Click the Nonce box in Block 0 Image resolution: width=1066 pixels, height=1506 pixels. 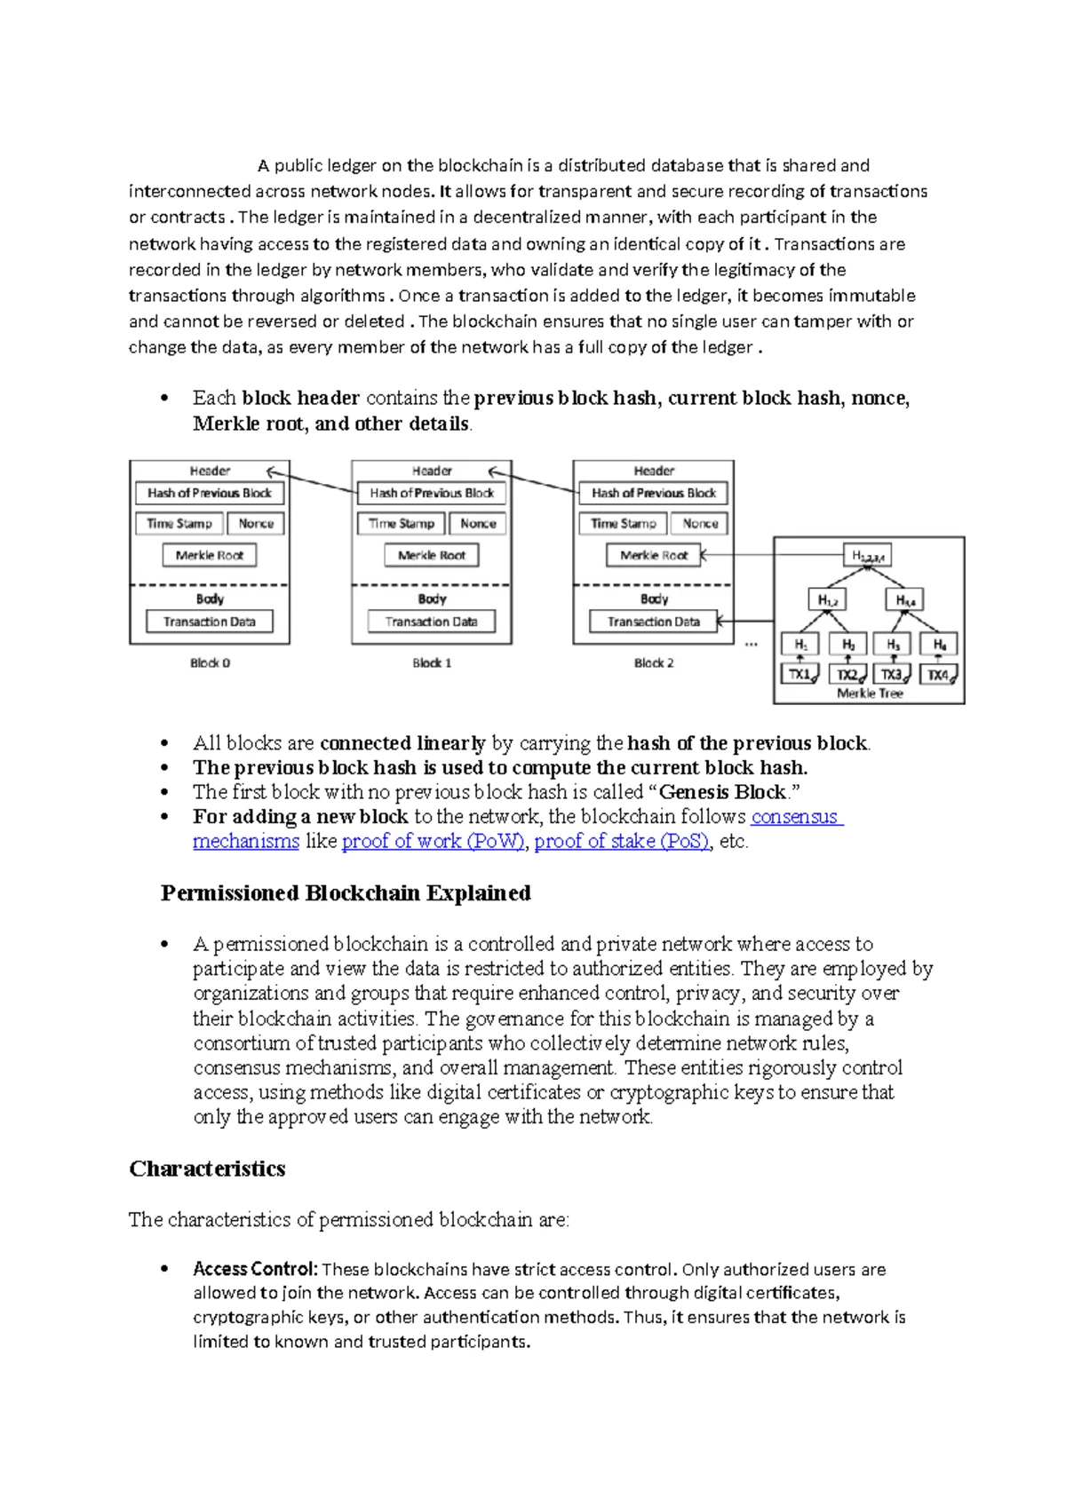[256, 524]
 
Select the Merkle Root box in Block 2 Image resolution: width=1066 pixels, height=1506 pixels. [654, 555]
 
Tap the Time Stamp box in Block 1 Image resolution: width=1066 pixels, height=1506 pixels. [402, 524]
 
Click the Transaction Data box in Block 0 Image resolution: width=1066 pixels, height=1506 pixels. [210, 622]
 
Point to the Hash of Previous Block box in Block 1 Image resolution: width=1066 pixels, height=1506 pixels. [432, 493]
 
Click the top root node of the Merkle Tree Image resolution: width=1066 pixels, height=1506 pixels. [867, 556]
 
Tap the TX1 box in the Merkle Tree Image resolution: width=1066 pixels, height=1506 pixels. [800, 674]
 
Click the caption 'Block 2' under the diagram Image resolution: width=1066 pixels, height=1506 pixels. [654, 662]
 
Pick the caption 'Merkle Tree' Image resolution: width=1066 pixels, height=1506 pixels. [870, 694]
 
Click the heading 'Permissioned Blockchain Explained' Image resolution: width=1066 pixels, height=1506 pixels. [346, 893]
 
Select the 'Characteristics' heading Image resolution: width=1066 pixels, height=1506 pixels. [207, 1169]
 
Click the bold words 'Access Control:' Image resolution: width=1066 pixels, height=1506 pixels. [255, 1269]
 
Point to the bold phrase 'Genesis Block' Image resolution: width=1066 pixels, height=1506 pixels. [722, 792]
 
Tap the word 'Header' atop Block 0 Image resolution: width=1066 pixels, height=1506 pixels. [210, 471]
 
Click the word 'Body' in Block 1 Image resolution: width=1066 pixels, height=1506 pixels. [432, 599]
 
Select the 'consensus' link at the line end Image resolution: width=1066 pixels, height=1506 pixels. [795, 817]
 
